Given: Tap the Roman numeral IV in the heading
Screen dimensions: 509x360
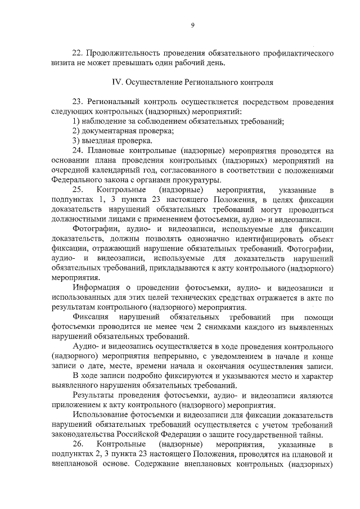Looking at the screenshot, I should click(119, 82).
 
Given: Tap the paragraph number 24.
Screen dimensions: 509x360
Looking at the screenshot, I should click(79, 151).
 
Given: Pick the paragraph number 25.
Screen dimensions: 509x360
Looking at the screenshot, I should click(79, 190).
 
